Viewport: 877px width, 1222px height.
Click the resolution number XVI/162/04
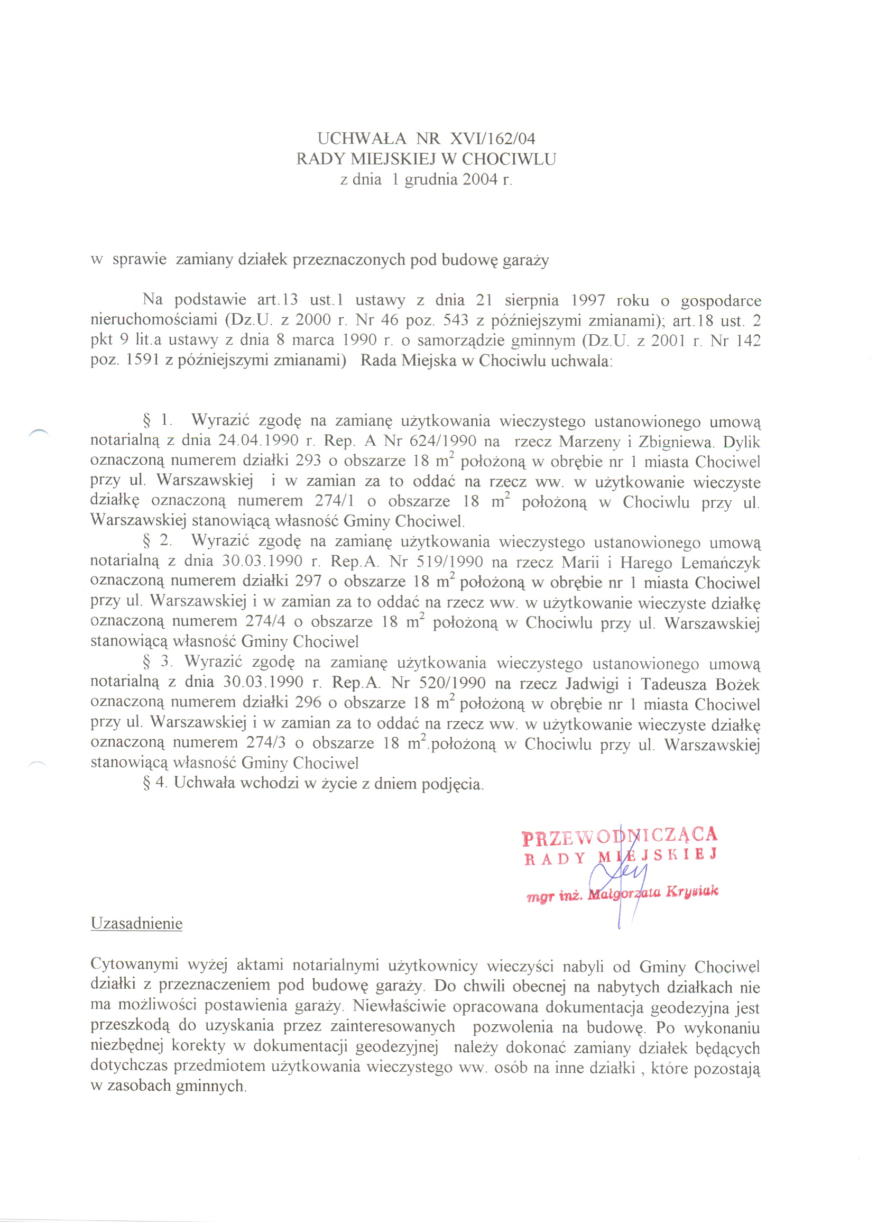tap(492, 139)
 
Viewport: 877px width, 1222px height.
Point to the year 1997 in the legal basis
tap(588, 300)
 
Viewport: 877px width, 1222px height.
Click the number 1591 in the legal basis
tap(143, 360)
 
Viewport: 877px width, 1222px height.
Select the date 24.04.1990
tap(258, 442)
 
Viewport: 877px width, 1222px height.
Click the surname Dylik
tap(741, 442)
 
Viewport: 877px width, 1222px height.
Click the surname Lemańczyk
tap(720, 563)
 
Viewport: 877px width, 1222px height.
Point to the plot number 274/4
tap(265, 622)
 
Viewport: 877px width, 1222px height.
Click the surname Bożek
tap(737, 684)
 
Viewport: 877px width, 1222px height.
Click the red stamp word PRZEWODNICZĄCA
tap(620, 836)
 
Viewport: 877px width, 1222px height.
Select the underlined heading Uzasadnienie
tap(136, 923)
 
